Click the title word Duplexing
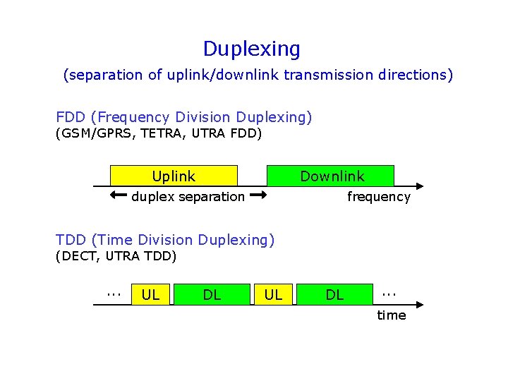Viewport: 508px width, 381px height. coord(251,49)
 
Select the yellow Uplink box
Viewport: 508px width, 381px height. coord(174,176)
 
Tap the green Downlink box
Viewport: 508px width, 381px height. coord(329,176)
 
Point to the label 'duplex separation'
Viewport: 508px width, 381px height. coord(188,197)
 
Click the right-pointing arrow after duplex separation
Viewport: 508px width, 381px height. coord(258,195)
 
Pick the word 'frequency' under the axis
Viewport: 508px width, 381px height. coord(378,197)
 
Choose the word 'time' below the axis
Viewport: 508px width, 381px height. coord(391,315)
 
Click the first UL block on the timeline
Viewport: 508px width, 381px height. coord(150,295)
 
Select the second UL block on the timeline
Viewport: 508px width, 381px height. coord(273,295)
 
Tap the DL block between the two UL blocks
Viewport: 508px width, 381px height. coord(212,295)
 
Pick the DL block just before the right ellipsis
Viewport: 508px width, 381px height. coord(334,295)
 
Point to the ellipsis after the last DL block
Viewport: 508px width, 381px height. coord(389,291)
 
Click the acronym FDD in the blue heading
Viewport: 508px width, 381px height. coord(70,117)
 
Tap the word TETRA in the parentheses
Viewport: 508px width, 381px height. coord(160,134)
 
